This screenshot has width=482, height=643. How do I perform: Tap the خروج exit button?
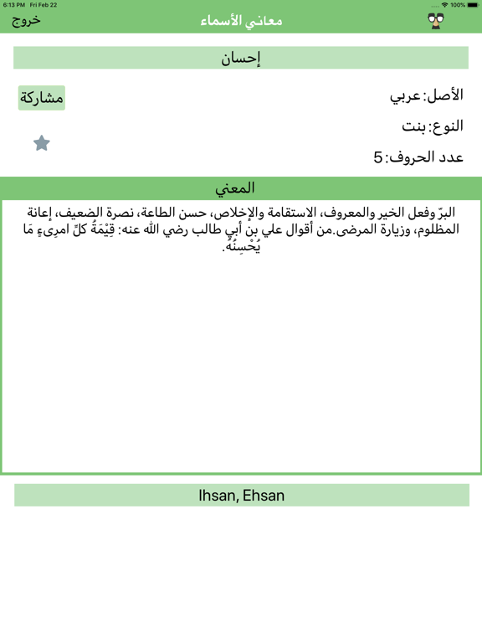point(26,20)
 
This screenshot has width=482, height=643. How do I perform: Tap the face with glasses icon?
point(436,21)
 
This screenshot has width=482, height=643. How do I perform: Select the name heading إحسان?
point(241,58)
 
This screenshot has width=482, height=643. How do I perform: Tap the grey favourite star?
point(42,143)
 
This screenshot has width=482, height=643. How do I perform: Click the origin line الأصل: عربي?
point(426,95)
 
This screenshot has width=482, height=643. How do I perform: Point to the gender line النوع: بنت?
point(433,126)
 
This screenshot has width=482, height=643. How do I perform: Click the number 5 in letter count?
point(378,157)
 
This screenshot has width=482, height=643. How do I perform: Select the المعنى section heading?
point(241,188)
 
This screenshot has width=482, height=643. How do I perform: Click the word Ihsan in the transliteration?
point(218,496)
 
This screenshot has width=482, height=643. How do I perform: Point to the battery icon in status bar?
point(472,5)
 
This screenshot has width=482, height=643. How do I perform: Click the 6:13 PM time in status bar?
point(13,5)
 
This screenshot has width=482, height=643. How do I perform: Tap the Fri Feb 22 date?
point(44,5)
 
